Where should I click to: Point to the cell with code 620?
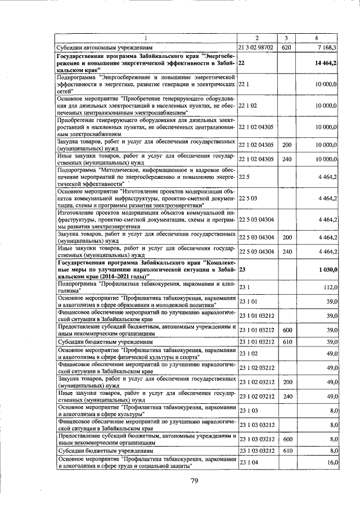click(x=286, y=48)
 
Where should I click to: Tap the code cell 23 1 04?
click(x=248, y=462)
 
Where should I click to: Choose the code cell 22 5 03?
click(x=248, y=198)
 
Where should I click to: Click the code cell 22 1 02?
click(x=248, y=105)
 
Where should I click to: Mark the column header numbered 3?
click(x=286, y=38)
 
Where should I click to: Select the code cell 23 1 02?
click(x=248, y=353)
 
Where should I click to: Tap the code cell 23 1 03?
click(x=248, y=411)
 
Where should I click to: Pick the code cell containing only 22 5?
click(x=244, y=177)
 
